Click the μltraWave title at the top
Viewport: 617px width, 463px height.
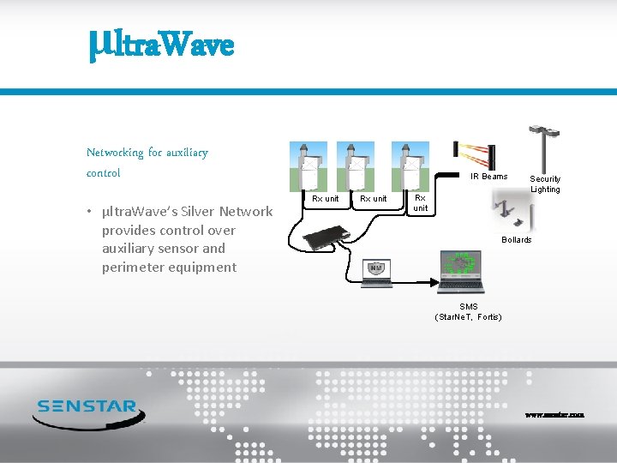click(160, 43)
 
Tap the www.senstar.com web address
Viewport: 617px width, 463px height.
click(554, 414)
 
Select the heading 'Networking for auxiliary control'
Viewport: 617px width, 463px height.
click(147, 162)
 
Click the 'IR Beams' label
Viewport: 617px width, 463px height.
click(488, 177)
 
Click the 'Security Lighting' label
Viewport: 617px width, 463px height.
click(545, 184)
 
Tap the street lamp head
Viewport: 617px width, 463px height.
click(546, 131)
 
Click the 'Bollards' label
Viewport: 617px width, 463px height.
click(516, 240)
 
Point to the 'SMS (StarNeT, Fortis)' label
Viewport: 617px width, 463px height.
click(468, 312)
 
